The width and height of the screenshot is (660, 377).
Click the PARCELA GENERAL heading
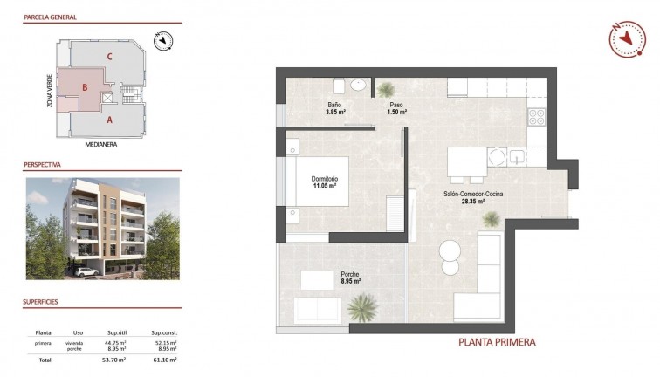tap(51, 17)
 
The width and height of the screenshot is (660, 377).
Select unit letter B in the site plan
tap(84, 87)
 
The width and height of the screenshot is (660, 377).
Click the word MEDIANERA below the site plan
tap(101, 145)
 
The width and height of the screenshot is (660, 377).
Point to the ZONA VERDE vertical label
tap(39, 91)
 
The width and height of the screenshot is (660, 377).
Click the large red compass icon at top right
tap(626, 39)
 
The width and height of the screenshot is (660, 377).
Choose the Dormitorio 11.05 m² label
tap(325, 182)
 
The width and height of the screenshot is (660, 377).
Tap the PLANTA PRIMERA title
tap(497, 342)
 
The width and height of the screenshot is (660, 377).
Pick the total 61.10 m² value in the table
tap(165, 359)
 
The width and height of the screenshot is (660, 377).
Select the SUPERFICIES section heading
tap(41, 303)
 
